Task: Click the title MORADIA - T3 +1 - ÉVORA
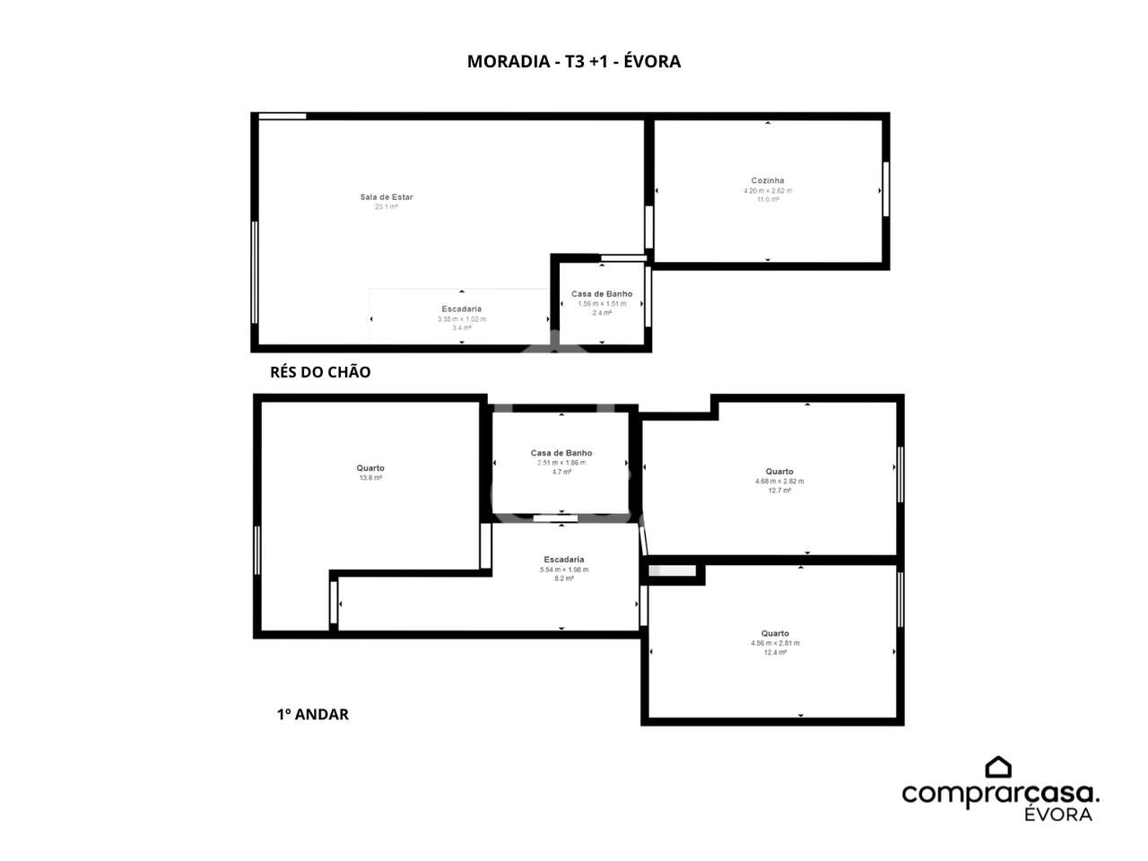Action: click(574, 61)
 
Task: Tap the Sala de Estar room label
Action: click(387, 197)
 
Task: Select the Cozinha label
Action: click(768, 180)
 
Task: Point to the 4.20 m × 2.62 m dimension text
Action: click(768, 190)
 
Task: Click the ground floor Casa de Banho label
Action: click(602, 294)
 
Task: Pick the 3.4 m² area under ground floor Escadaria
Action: click(462, 328)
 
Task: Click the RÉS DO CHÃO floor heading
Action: click(320, 372)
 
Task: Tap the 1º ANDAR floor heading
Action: click(312, 714)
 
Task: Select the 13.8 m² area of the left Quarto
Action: click(370, 478)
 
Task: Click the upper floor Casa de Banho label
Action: click(561, 453)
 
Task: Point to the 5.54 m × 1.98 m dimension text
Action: click(564, 570)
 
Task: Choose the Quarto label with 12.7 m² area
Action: click(779, 472)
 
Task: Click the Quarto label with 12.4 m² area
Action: click(775, 633)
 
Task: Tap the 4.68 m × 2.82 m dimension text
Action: click(779, 482)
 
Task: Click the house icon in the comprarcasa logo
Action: click(998, 767)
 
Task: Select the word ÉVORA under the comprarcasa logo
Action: click(1058, 814)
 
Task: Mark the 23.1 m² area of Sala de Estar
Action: click(387, 207)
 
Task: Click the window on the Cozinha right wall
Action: click(886, 188)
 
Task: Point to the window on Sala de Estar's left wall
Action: click(255, 272)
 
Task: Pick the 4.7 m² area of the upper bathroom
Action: click(561, 472)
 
